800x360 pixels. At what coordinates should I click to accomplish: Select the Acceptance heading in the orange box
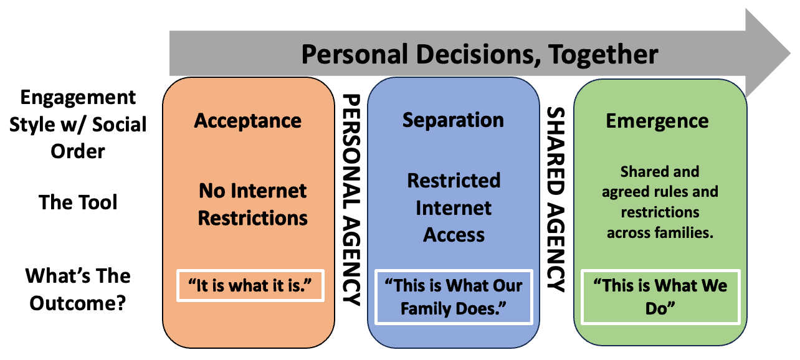pyautogui.click(x=248, y=120)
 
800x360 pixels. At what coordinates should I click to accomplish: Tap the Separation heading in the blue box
pyautogui.click(x=453, y=120)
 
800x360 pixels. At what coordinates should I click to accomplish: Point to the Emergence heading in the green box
pyautogui.click(x=657, y=121)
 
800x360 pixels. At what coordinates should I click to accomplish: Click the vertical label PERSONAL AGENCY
pyautogui.click(x=352, y=200)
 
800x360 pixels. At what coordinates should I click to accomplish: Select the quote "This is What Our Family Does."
pyautogui.click(x=453, y=297)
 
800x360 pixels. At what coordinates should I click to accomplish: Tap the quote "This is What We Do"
pyautogui.click(x=660, y=297)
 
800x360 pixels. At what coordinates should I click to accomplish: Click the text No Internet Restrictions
pyautogui.click(x=253, y=204)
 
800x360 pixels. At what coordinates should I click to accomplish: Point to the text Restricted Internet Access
pyautogui.click(x=454, y=207)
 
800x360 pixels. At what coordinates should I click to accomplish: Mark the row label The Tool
pyautogui.click(x=78, y=202)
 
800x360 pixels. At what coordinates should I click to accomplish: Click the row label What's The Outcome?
pyautogui.click(x=78, y=289)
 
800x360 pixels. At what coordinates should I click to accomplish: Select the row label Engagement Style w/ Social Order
pyautogui.click(x=78, y=124)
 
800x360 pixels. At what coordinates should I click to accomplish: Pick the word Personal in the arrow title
pyautogui.click(x=356, y=54)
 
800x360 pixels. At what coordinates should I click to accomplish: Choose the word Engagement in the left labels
pyautogui.click(x=78, y=97)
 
